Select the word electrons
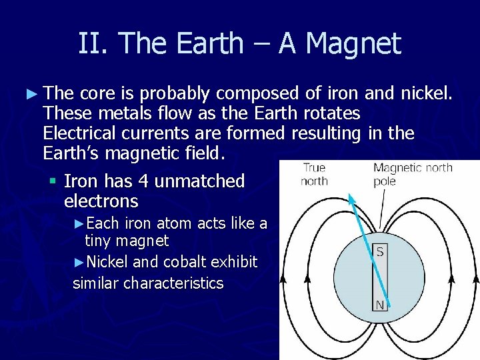(101, 201)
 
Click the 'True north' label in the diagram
(314, 175)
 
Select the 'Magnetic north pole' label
(413, 174)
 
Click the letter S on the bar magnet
(379, 252)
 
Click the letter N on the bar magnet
(379, 305)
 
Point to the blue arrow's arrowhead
(351, 198)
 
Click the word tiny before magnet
(100, 241)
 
